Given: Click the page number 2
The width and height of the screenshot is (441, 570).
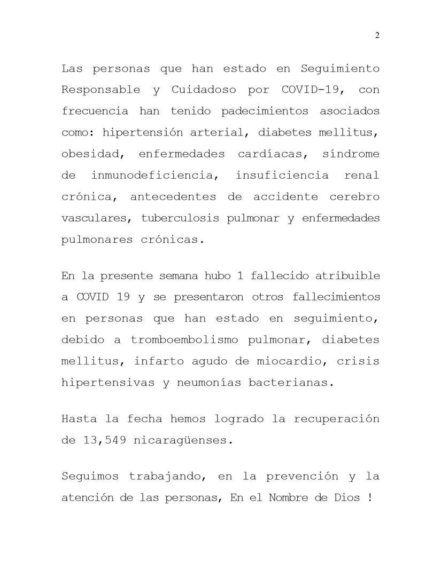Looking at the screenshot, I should [x=377, y=35].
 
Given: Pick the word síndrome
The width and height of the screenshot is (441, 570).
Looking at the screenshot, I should [x=351, y=154].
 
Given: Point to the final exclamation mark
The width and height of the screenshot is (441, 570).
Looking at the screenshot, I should [x=370, y=497].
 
